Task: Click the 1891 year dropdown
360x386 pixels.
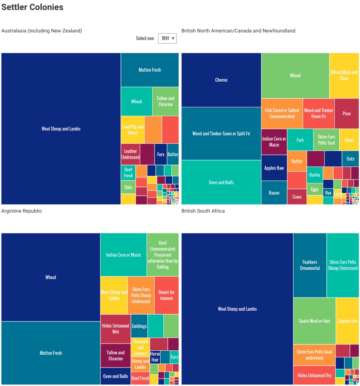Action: coord(167,38)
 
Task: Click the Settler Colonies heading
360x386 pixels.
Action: coord(32,7)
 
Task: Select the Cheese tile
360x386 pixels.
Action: coord(221,80)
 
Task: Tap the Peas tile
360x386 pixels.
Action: coord(346,113)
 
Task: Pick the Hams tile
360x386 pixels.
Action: coord(349,140)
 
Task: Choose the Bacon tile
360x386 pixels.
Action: coord(274,193)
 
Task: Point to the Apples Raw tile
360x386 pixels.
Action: coord(274,168)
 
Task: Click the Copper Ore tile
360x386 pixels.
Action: coord(347,321)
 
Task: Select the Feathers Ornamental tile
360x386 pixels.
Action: coord(310,265)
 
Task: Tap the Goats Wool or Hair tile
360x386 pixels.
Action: coord(314,321)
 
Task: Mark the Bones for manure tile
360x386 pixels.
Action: coord(167,295)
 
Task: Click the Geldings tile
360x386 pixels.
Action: coord(139,326)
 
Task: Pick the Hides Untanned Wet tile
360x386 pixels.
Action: coord(115,329)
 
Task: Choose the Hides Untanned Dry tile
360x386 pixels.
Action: coord(314,375)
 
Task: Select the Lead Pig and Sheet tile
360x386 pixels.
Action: coord(133,130)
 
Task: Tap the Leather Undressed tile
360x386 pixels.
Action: coord(131,154)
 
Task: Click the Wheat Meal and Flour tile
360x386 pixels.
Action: coord(344,75)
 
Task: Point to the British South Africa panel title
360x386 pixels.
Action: coord(203,211)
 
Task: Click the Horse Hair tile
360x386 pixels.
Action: coord(155,357)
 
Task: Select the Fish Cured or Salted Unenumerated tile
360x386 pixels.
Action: coord(282,113)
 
